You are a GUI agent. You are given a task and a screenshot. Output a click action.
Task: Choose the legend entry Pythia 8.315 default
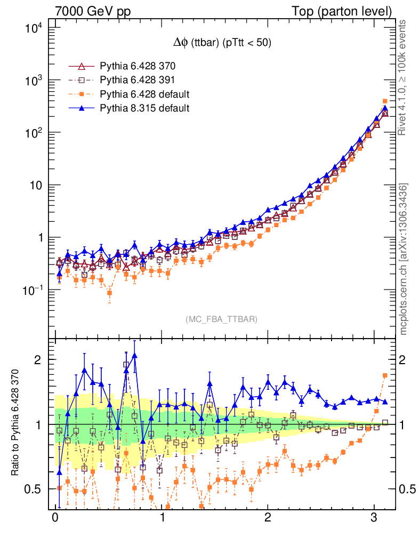click(x=144, y=108)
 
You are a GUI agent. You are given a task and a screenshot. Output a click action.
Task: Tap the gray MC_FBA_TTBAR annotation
click(x=221, y=319)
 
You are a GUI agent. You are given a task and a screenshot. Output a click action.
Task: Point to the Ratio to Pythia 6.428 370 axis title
click(x=15, y=424)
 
